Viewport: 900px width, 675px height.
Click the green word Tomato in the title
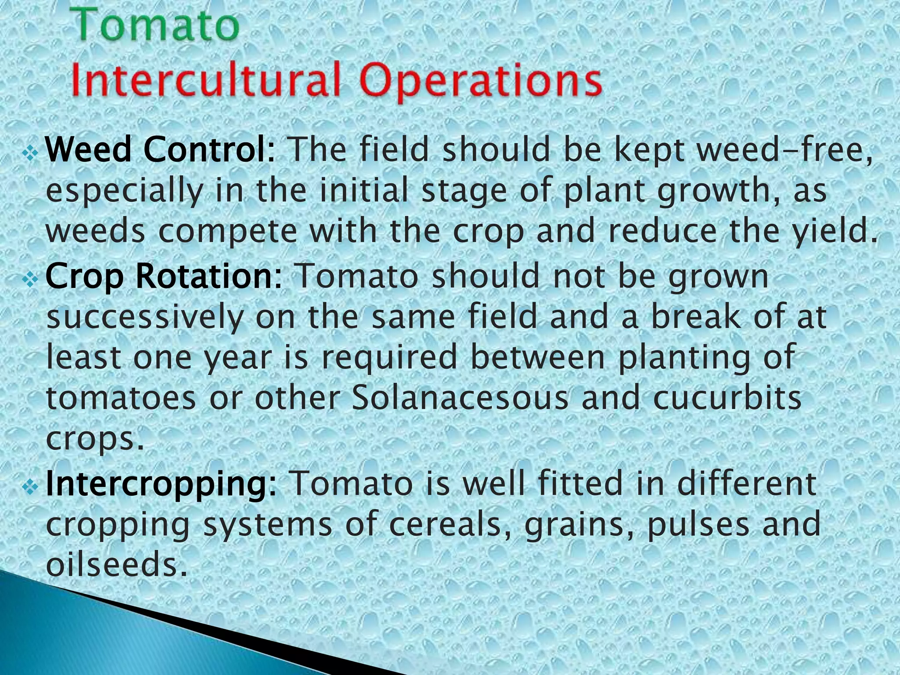157,25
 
